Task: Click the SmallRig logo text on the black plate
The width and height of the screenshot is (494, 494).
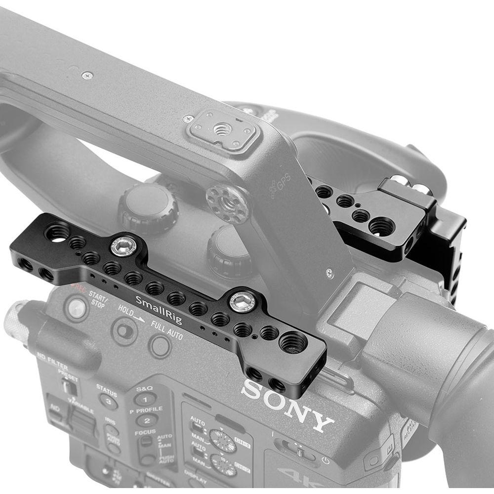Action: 159,308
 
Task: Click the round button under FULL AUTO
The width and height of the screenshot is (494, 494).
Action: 160,346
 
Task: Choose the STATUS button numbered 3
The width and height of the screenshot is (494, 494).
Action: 107,401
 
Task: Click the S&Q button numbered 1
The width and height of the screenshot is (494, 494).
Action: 145,399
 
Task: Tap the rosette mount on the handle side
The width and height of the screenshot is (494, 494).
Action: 228,203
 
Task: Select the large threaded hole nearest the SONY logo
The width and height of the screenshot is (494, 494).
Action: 292,341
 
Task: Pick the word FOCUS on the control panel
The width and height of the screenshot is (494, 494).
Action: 145,433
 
